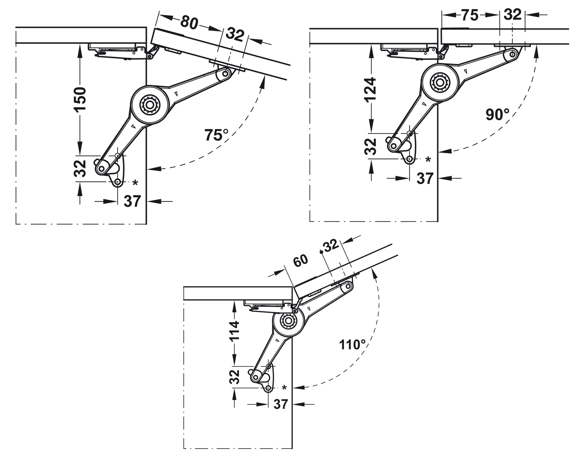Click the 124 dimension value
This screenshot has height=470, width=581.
click(371, 89)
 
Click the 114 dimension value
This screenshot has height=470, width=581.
click(234, 331)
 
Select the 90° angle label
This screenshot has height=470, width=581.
click(497, 114)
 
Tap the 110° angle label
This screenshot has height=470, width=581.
click(352, 345)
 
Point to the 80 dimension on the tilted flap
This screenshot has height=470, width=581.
click(189, 23)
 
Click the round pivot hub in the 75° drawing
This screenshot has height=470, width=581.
click(150, 104)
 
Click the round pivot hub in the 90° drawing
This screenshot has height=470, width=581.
click(440, 83)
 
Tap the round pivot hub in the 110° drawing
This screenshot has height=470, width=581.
click(287, 321)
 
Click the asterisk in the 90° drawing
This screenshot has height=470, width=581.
click(428, 160)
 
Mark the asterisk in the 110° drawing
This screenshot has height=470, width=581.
click(284, 388)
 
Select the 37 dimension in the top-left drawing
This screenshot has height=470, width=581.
click(132, 201)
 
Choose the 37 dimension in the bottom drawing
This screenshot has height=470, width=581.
click(281, 404)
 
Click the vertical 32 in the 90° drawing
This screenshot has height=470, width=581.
click(371, 147)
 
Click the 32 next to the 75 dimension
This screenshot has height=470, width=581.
click(512, 15)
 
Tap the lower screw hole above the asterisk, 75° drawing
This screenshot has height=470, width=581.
click(117, 182)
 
